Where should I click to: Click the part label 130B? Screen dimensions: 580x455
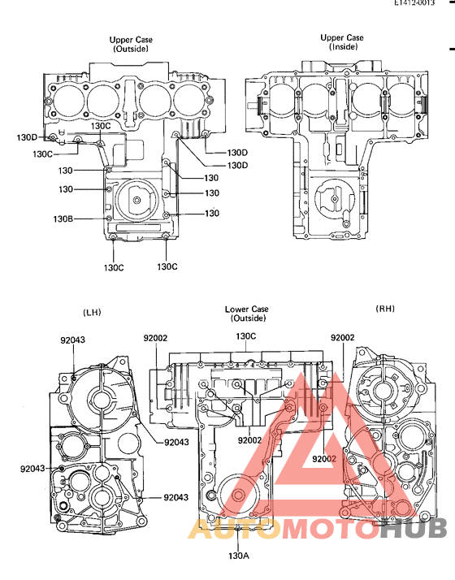[63, 219]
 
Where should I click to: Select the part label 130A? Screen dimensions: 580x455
[237, 556]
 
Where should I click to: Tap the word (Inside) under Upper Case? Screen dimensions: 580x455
[343, 48]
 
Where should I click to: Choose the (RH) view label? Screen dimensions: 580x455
[384, 309]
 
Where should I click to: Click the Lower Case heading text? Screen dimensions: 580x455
[247, 309]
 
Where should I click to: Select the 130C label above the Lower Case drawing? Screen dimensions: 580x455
[245, 335]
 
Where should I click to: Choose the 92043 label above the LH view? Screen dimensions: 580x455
[72, 340]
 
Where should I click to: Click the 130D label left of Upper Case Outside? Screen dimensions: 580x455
[27, 137]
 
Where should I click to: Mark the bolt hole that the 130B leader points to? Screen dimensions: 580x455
[109, 219]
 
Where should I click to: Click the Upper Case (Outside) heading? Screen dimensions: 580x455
[131, 44]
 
